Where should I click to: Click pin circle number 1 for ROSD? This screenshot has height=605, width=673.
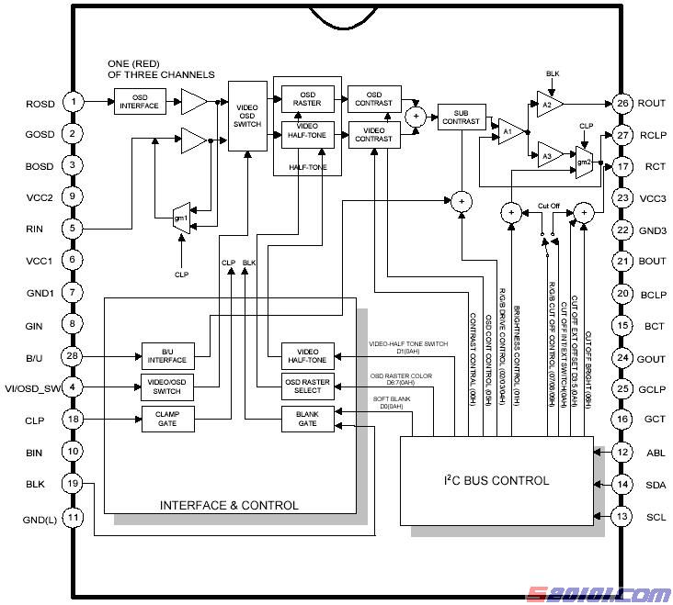point(73,102)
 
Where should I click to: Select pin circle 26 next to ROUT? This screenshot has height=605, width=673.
point(623,104)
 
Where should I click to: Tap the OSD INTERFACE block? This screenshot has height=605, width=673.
point(141,102)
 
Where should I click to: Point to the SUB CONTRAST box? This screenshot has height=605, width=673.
point(461,117)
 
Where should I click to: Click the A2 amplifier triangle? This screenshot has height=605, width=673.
point(549,104)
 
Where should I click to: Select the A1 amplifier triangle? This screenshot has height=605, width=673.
point(508,130)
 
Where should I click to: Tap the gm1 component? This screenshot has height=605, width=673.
point(182,218)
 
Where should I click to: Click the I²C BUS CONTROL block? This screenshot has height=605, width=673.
point(496,480)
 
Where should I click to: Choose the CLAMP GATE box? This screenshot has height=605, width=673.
point(165,419)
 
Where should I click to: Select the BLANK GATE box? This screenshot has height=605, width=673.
point(307,419)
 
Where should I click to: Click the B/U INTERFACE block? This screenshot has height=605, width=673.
point(165,355)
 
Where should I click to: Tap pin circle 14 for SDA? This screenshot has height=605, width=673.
point(623,484)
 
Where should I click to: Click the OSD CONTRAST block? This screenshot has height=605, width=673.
point(372,98)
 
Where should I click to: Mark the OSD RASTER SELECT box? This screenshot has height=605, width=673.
point(307,387)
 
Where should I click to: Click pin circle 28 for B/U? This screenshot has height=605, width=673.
point(73,355)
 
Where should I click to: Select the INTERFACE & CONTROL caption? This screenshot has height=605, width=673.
point(229,505)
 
